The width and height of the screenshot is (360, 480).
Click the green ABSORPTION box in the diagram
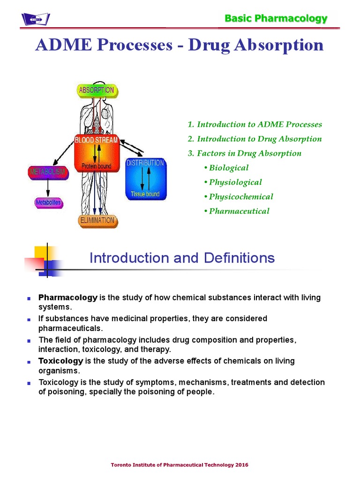(97, 90)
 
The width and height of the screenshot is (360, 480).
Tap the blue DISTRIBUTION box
(145, 178)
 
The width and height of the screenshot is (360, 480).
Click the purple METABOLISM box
(48, 172)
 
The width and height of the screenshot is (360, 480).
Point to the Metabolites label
(48, 203)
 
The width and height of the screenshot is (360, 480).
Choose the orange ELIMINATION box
(96, 220)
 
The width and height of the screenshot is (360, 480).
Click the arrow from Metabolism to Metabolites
(48, 188)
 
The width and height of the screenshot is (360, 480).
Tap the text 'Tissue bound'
(145, 194)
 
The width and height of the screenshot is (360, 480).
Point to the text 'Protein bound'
(96, 166)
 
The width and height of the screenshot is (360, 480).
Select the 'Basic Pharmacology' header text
(276, 19)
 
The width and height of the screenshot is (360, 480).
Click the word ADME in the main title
(59, 45)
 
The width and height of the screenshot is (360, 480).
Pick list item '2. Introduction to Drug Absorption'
(255, 139)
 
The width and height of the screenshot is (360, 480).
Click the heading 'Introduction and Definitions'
(182, 258)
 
